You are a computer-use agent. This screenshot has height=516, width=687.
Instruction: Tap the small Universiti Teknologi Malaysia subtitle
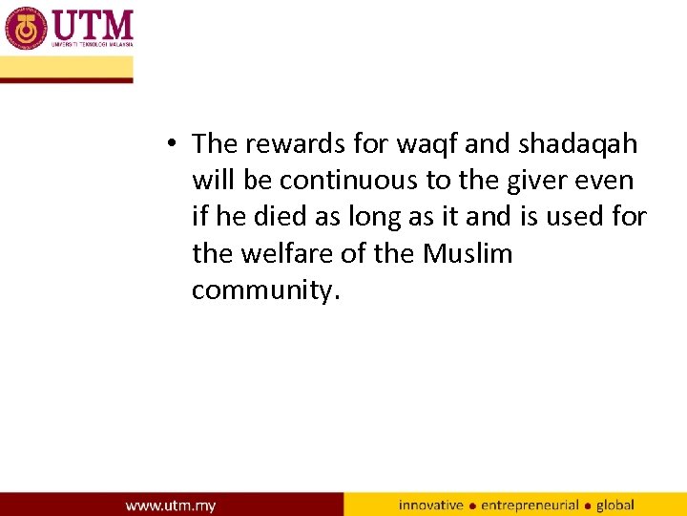point(93,44)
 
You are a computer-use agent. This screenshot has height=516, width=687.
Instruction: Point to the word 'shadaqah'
point(578,144)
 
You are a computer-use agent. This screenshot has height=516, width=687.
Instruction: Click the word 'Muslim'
point(468,254)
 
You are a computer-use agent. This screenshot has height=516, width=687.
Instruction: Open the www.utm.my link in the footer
point(171,505)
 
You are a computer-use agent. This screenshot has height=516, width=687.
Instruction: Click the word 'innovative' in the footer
point(430,505)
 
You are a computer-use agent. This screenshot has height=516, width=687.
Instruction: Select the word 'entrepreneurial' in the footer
point(530,505)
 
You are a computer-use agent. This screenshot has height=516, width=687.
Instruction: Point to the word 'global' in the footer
point(614,505)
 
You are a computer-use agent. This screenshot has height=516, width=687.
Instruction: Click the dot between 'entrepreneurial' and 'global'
point(588,505)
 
